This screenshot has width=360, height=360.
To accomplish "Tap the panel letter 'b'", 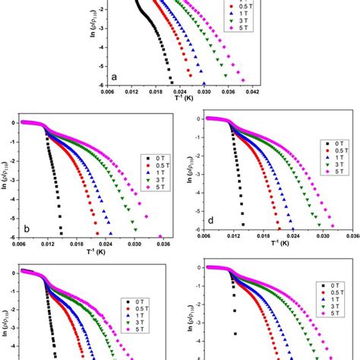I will click(26, 226).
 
